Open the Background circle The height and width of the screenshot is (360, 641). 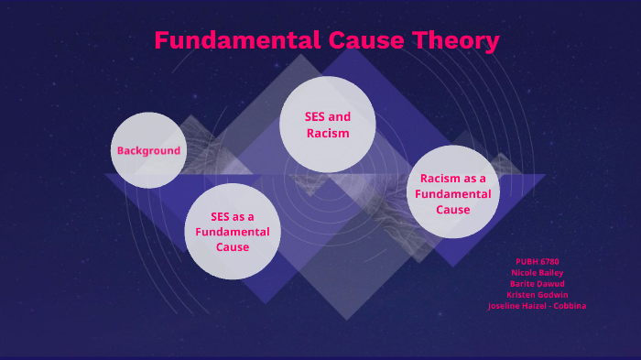[x=148, y=150]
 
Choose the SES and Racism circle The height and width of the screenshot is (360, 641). [x=327, y=125]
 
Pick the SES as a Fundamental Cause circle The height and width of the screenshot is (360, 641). [x=233, y=231]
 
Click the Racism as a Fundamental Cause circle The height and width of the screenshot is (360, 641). [x=452, y=193]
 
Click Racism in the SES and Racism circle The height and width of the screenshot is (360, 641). [x=327, y=133]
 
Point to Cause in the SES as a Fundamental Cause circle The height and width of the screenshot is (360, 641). [x=233, y=246]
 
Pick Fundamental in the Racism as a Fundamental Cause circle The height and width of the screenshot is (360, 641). [x=452, y=193]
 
